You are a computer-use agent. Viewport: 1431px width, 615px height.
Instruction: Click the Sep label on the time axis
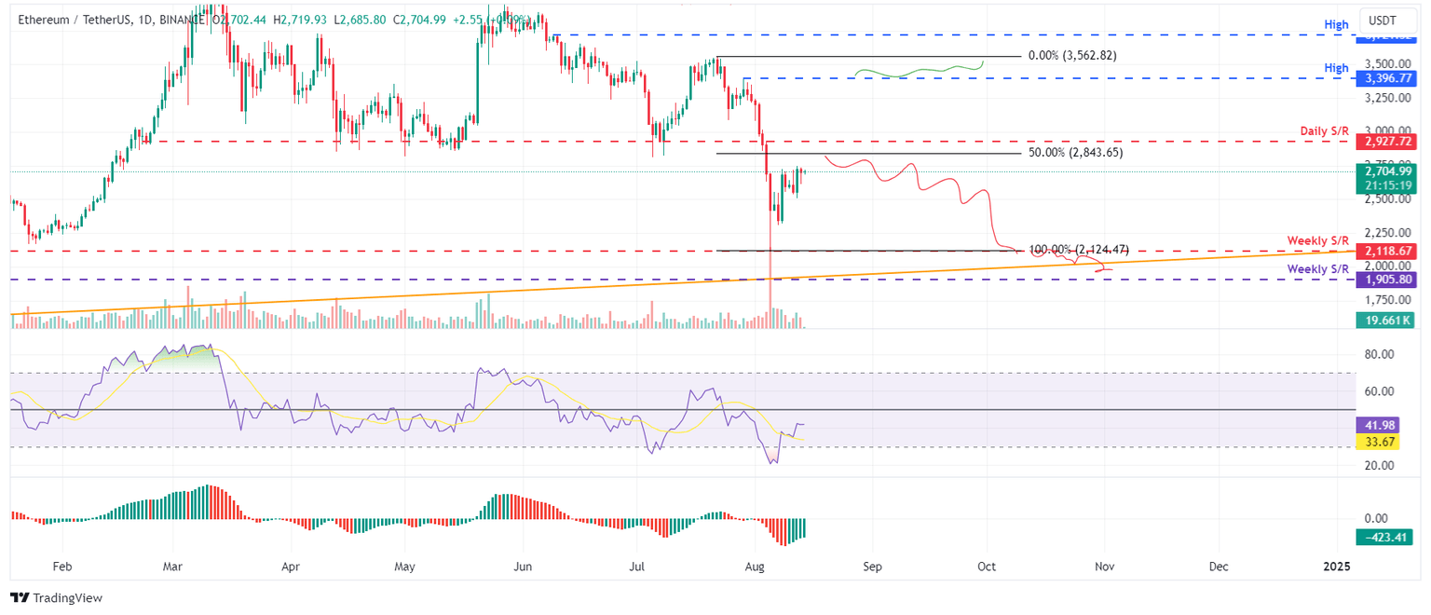[x=872, y=566]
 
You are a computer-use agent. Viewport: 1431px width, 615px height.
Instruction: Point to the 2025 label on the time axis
[x=1336, y=566]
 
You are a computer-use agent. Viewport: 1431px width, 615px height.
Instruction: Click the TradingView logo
[x=57, y=598]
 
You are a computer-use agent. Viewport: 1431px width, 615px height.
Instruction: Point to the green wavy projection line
[x=918, y=72]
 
